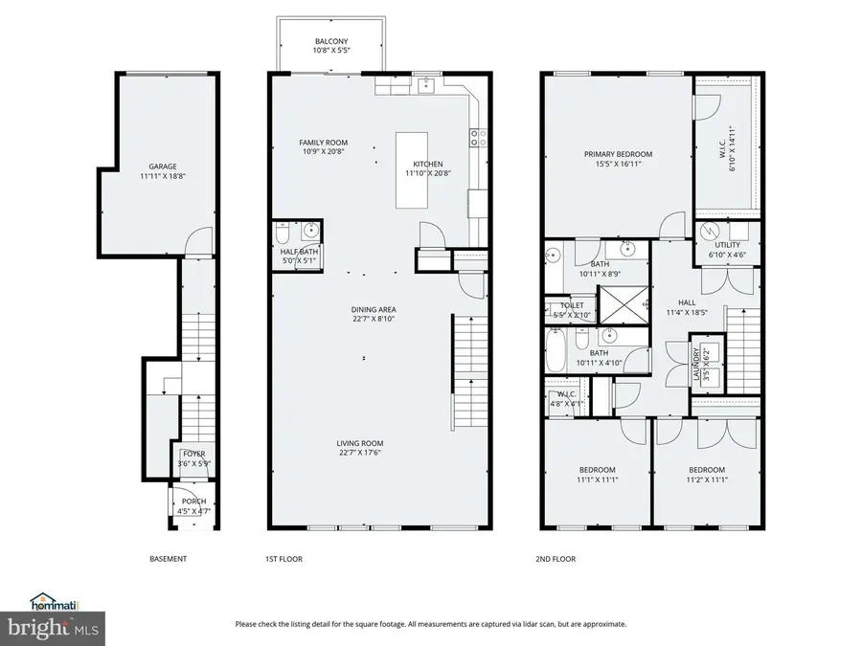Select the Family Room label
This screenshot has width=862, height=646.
coord(324,146)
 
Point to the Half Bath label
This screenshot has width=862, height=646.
coord(299,256)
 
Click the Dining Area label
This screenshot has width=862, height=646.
coord(374,314)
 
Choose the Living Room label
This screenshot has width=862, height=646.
coord(360,448)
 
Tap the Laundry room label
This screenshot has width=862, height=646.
coord(696,364)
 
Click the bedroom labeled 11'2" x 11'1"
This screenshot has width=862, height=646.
coord(707,475)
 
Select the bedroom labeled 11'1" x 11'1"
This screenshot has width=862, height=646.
coord(597,475)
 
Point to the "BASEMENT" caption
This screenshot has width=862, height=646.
coord(168,559)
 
